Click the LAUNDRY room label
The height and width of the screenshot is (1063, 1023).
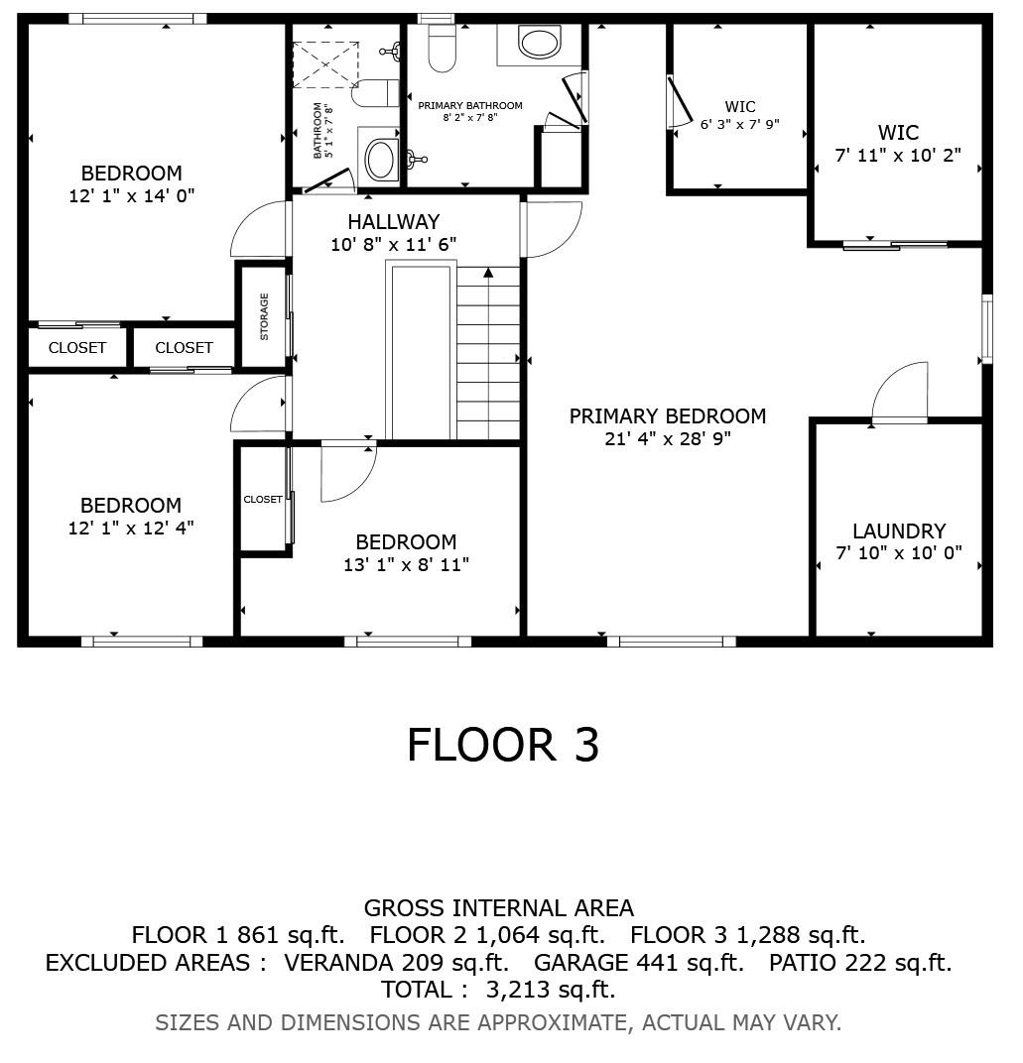click(x=899, y=531)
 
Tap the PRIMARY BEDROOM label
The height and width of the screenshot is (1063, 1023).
click(x=668, y=416)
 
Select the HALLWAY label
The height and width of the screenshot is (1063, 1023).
click(x=394, y=222)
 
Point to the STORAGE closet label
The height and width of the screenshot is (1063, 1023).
click(x=264, y=316)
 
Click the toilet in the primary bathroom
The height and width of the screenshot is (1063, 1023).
click(x=442, y=47)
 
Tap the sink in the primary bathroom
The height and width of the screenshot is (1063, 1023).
click(x=540, y=43)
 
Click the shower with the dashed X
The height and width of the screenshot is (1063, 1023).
click(x=324, y=64)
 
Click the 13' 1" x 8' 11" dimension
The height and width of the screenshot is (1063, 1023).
click(x=407, y=565)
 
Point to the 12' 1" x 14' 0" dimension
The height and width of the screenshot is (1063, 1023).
click(x=132, y=196)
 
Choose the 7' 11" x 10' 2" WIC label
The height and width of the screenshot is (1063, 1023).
click(x=898, y=144)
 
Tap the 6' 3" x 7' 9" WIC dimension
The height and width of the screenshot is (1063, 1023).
click(x=740, y=125)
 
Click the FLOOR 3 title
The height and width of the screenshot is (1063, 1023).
click(x=503, y=745)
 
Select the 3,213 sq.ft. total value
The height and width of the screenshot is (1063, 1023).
click(x=550, y=991)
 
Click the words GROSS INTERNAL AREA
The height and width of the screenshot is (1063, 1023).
click(x=499, y=907)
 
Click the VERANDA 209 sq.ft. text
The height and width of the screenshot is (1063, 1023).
click(x=396, y=963)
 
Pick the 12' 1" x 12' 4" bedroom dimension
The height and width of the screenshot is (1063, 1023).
click(x=131, y=529)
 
